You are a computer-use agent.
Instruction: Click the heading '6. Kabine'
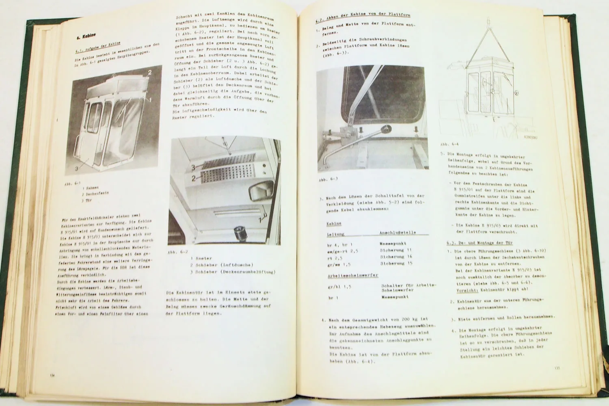pos(86,37)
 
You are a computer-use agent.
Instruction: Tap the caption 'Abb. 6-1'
pos(72,184)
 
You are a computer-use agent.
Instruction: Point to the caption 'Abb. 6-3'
pos(328,179)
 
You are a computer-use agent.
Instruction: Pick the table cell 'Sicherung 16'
pos(396,257)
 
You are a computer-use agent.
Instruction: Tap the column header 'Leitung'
pos(335,234)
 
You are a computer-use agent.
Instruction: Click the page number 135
pos(557,368)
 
